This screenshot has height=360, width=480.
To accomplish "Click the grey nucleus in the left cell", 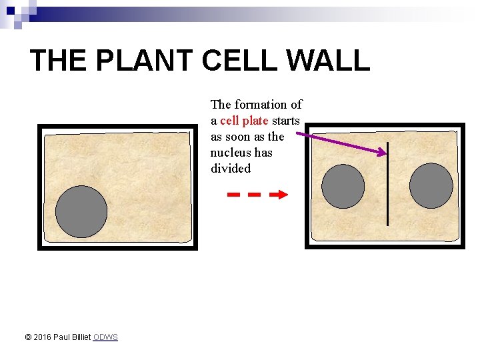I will pyautogui.click(x=81, y=211).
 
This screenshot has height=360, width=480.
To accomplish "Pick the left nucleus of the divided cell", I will pyautogui.click(x=343, y=186).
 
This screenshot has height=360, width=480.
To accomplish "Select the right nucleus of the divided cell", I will pyautogui.click(x=431, y=186).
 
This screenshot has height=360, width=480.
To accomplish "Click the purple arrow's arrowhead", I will pyautogui.click(x=381, y=153).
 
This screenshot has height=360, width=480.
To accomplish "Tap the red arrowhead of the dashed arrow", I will pyautogui.click(x=283, y=195).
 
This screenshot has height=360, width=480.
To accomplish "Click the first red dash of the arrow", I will pyautogui.click(x=233, y=195).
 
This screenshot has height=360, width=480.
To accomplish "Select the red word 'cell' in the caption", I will pyautogui.click(x=229, y=121).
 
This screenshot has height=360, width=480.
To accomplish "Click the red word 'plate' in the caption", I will pyautogui.click(x=255, y=121).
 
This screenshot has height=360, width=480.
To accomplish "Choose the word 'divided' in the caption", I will pyautogui.click(x=231, y=169).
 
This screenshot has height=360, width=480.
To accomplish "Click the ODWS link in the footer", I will pyautogui.click(x=105, y=337).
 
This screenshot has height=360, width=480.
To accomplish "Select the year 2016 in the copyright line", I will pyautogui.click(x=43, y=337).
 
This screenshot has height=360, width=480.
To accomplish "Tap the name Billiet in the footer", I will pyautogui.click(x=80, y=337).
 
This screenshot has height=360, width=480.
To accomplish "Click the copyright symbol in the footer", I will pyautogui.click(x=28, y=337).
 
